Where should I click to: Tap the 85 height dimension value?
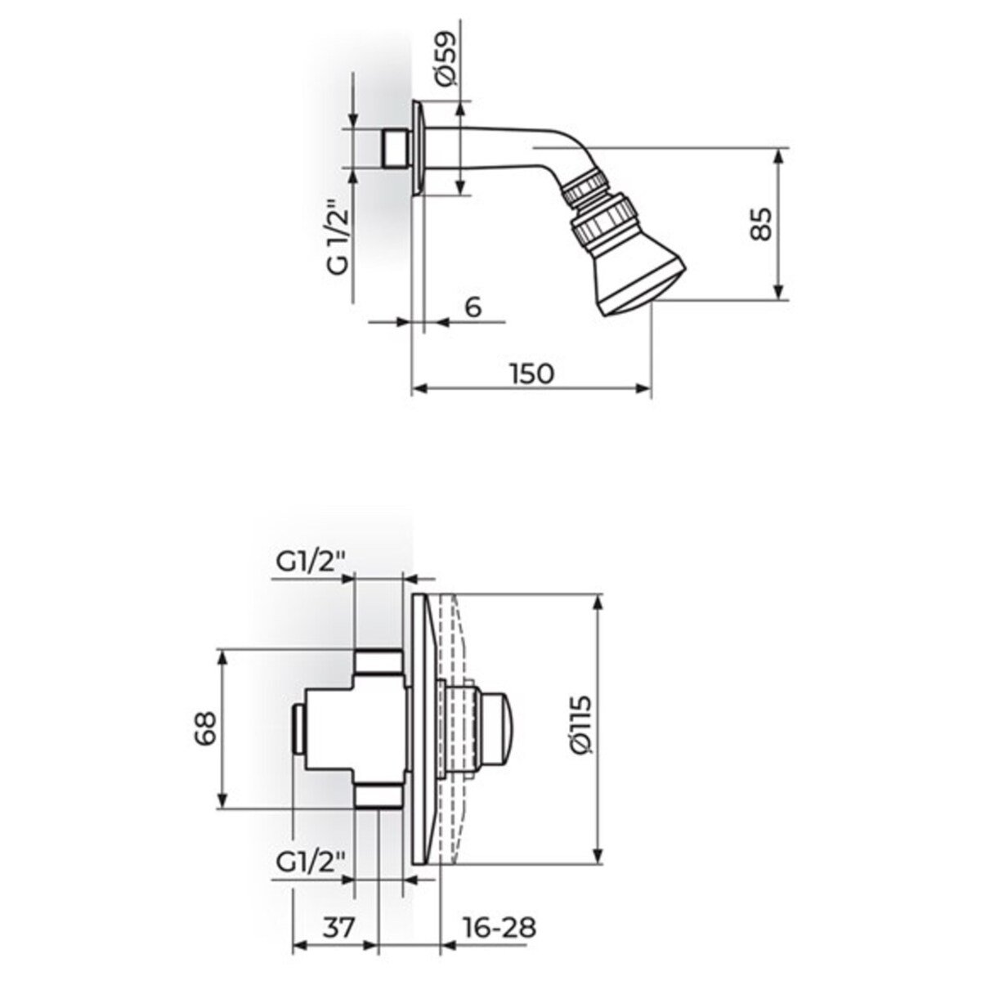pos(760,223)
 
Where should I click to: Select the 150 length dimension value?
pos(531,373)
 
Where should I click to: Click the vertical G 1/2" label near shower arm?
pos(338,238)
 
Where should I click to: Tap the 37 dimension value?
pos(336,927)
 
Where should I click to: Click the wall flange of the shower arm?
pos(419,148)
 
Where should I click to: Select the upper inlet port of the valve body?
pos(378,663)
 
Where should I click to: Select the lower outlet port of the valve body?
pos(378,795)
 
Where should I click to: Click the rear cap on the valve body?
pos(298,729)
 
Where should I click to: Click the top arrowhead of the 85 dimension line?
pos(779,155)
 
